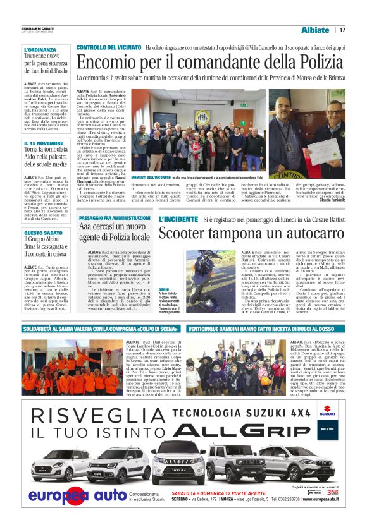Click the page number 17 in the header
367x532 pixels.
(x=342, y=30)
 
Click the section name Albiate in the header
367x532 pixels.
(x=315, y=30)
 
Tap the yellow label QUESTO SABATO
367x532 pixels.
(x=42, y=233)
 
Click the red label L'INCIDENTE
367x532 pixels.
(x=178, y=219)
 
